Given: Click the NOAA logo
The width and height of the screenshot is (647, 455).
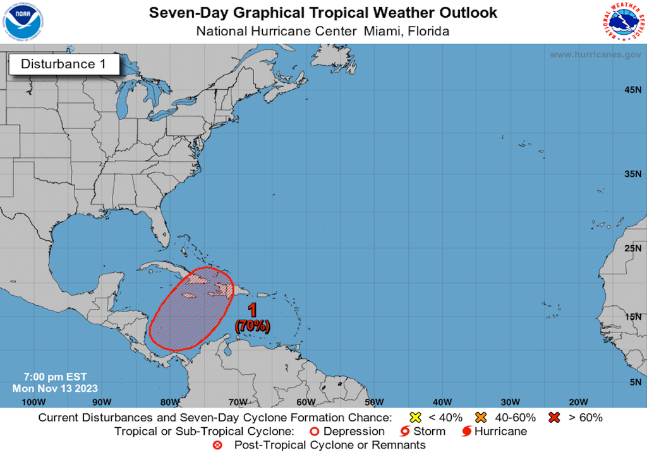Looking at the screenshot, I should (21, 21).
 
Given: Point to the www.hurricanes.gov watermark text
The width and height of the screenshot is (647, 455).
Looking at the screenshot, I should (595, 55).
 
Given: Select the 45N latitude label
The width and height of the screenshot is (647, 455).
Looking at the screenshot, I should (632, 90).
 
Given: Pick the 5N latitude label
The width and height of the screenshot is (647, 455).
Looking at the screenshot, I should (634, 382).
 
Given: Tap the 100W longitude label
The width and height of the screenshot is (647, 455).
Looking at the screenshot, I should (33, 402).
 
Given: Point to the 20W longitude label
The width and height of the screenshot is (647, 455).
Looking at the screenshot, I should (578, 402).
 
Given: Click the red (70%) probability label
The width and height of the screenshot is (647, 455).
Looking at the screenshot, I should (253, 326).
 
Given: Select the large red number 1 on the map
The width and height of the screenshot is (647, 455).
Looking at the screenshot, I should (253, 311).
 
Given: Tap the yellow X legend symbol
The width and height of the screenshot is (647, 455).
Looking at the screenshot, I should (416, 417).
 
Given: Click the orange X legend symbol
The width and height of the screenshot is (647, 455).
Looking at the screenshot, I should (481, 417).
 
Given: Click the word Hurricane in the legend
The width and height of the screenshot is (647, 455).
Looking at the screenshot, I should (500, 432).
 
